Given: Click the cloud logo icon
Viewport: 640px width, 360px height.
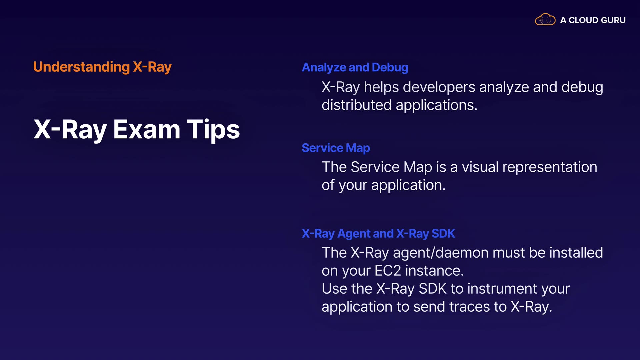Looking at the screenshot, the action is point(545,19).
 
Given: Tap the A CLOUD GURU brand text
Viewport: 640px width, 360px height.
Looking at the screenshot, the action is point(593,20).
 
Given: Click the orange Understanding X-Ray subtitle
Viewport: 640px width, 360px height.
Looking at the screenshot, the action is point(102,67).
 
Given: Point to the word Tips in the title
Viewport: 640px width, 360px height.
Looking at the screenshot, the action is point(213,130).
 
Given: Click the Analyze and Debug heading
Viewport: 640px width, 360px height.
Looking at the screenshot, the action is point(355,68).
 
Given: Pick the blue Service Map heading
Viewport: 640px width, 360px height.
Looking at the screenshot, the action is point(336,148).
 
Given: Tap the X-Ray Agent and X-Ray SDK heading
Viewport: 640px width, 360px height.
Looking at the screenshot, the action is point(378,234).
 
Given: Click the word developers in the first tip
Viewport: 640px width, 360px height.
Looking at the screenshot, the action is point(439,87).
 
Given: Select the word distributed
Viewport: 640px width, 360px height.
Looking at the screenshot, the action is point(357,105).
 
